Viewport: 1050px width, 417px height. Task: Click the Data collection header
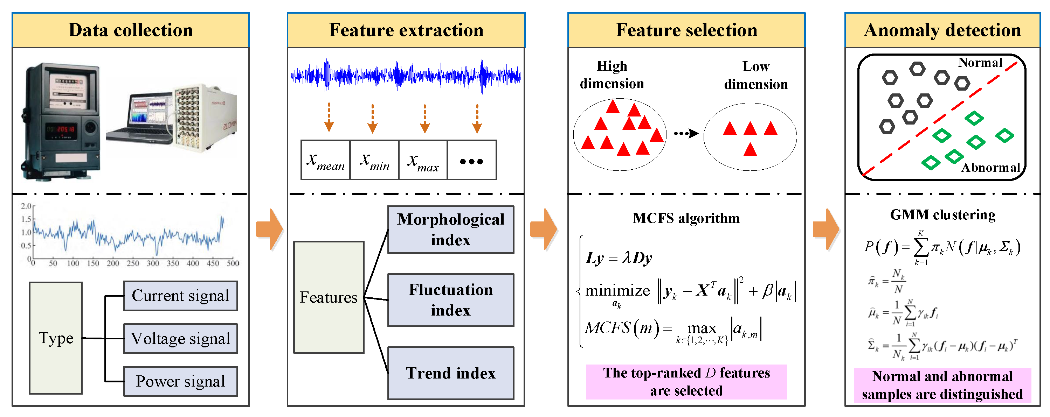point(130,30)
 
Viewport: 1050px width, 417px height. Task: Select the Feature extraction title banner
point(406,30)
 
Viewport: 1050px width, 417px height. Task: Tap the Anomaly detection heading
point(942,30)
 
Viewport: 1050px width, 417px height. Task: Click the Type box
point(56,338)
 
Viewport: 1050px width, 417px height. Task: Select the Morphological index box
point(450,230)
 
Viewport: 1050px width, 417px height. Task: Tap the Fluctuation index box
point(450,300)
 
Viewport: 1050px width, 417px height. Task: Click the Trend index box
point(450,373)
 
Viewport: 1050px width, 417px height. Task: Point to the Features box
point(329,297)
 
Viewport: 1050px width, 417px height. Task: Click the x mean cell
point(325,160)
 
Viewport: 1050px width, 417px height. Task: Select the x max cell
point(423,160)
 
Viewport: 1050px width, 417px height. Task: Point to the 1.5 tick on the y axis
point(26,219)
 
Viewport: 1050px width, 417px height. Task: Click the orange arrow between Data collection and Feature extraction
point(269,229)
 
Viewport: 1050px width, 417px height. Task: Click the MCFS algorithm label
point(686,218)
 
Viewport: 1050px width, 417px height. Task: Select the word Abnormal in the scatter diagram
point(990,167)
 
